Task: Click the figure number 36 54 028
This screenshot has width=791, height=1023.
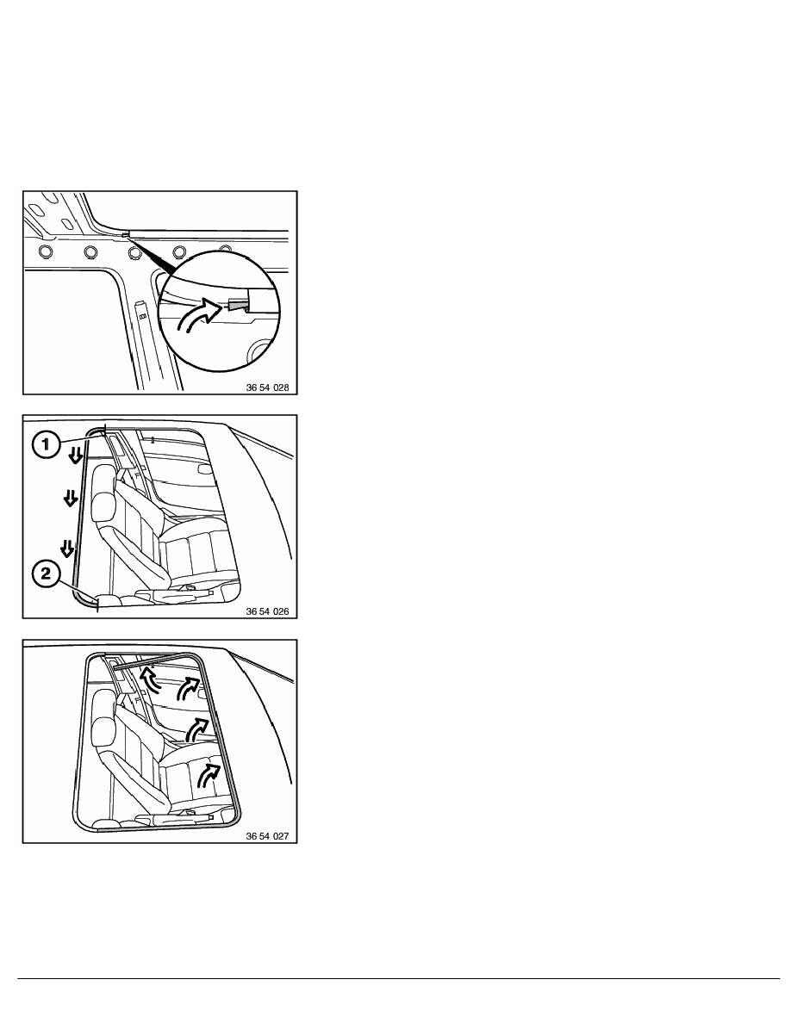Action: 267,387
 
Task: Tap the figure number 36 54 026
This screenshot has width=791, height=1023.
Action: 267,611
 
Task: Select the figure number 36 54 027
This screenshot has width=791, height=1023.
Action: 267,836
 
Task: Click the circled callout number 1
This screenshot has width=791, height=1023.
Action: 46,445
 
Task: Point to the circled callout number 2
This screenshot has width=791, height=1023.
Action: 46,574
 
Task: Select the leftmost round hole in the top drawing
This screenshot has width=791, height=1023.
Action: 46,251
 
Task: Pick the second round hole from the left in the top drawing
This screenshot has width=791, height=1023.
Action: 90,251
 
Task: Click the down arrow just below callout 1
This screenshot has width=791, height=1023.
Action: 76,455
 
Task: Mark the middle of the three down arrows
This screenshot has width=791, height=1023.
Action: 69,499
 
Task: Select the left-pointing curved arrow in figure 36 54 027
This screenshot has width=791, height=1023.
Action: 150,679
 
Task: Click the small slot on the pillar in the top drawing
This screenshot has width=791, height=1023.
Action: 141,316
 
